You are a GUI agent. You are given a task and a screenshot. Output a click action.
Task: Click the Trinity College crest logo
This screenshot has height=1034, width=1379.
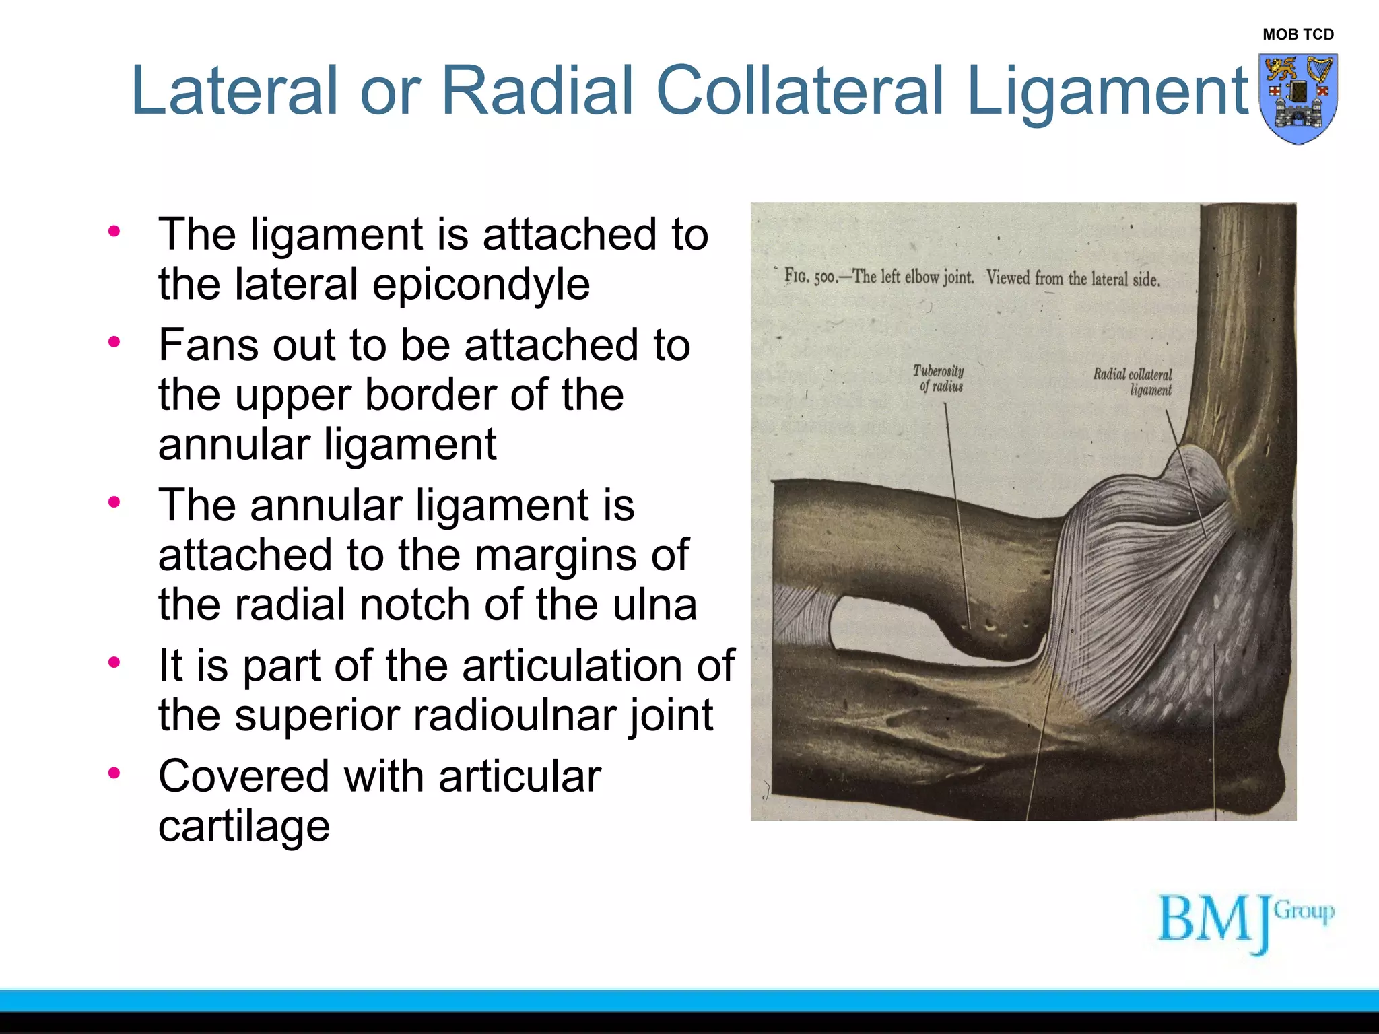click(x=1298, y=99)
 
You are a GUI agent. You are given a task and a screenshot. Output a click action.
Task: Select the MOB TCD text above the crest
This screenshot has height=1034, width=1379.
click(x=1298, y=34)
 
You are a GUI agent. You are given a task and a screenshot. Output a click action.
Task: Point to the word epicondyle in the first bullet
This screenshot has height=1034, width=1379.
click(x=481, y=285)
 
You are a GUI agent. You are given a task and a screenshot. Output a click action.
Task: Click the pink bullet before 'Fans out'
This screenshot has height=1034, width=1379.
click(x=114, y=342)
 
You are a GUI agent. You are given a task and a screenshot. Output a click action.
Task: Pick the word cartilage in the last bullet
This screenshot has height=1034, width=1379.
click(x=244, y=827)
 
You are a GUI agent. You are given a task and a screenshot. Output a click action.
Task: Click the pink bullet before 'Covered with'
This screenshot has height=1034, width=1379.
click(x=114, y=773)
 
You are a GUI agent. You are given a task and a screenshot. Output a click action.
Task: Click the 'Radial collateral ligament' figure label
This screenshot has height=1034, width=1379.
click(x=1133, y=382)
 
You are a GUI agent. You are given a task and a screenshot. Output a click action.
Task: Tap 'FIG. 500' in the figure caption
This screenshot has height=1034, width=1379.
click(x=810, y=277)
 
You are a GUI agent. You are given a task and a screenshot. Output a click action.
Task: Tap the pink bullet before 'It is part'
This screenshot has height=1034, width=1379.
click(x=114, y=662)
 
